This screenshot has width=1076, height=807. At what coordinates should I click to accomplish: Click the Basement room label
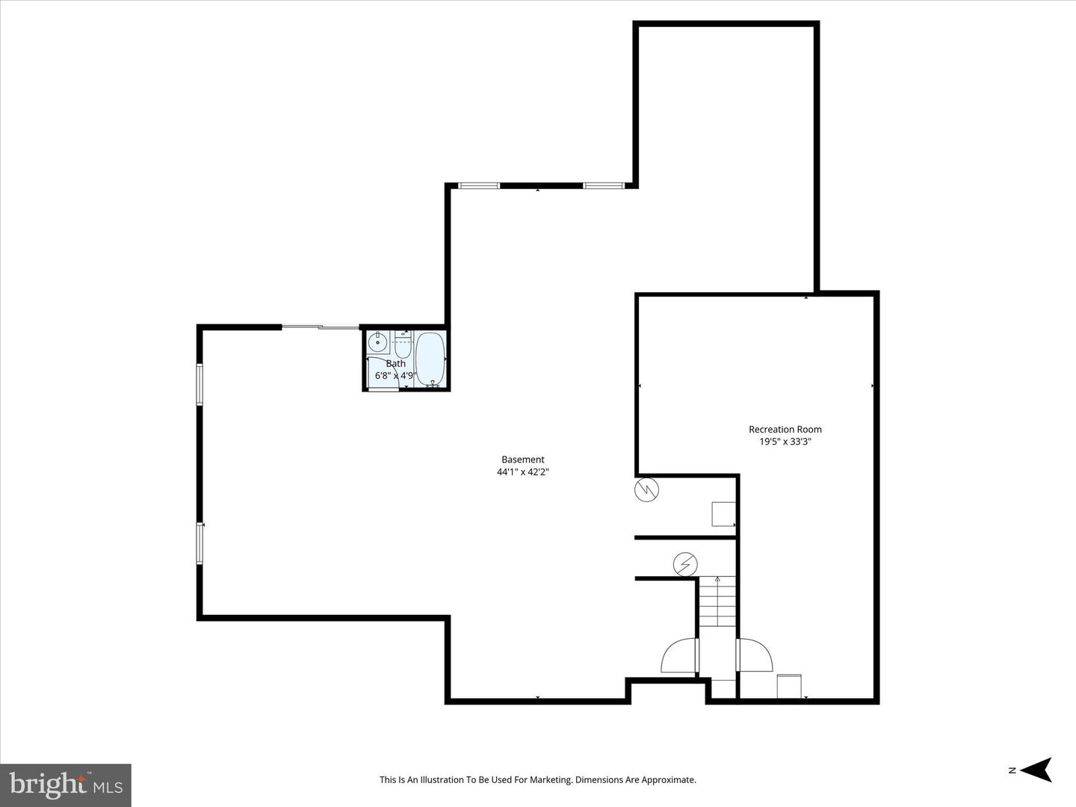522,460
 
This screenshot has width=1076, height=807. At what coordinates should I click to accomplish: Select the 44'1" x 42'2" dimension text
522,472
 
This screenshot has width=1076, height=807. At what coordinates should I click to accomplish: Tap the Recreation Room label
785,429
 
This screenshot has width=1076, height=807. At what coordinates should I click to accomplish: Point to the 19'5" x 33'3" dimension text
785,442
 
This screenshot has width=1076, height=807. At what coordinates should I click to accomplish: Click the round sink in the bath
378,344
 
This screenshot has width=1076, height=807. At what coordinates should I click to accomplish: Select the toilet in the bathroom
403,346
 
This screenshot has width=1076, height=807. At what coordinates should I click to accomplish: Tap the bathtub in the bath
430,359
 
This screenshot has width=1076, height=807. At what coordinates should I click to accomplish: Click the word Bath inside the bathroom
395,364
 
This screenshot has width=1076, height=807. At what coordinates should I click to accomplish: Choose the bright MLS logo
66,785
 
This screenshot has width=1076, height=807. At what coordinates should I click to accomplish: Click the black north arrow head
1037,770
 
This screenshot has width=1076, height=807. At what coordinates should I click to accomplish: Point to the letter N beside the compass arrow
1012,770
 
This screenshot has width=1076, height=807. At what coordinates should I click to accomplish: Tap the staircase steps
717,602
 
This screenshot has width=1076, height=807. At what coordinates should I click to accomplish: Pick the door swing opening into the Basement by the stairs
680,656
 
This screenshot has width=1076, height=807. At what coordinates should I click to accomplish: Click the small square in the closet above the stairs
723,514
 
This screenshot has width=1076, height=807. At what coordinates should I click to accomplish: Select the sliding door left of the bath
321,327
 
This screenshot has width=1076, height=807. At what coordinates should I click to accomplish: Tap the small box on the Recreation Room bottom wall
789,686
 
